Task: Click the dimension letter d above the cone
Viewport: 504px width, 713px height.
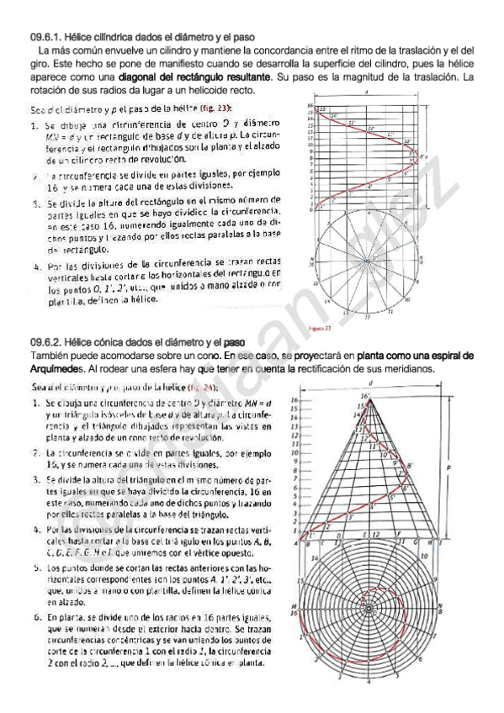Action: click(369, 383)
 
